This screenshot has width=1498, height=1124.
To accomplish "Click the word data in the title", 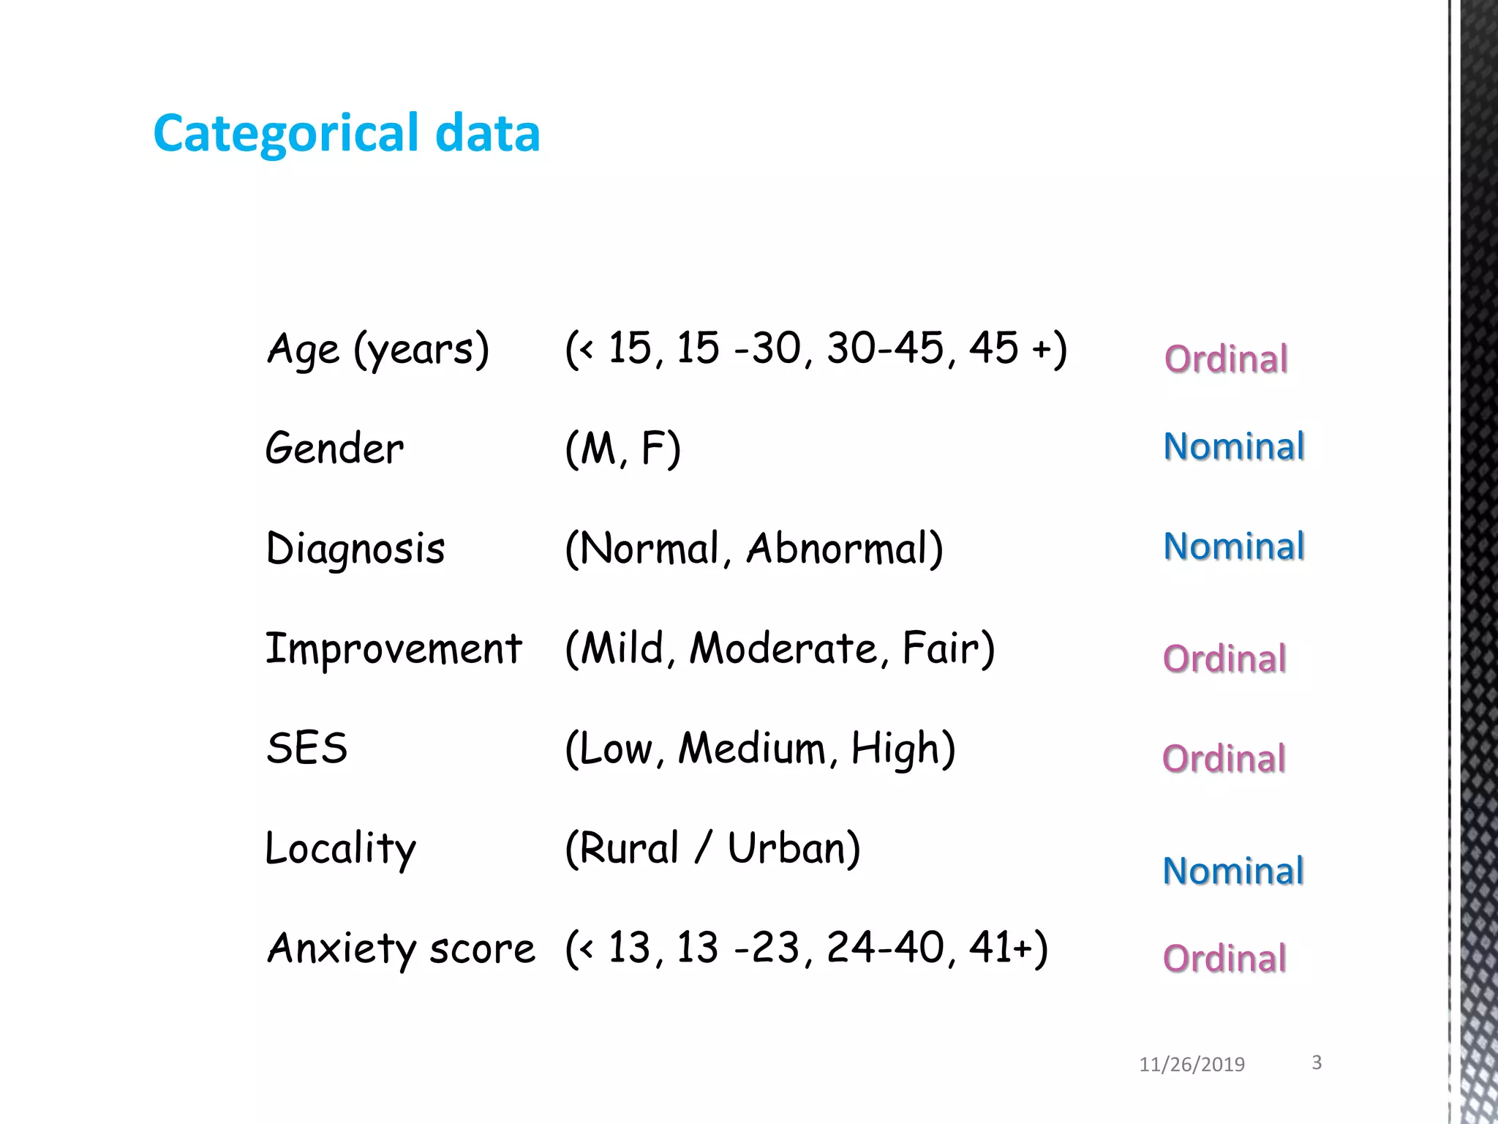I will [x=487, y=133].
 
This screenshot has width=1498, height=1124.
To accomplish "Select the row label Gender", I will [x=334, y=449].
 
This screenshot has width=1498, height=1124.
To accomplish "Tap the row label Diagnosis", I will [x=355, y=549].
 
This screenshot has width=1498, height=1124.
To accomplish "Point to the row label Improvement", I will [x=394, y=649].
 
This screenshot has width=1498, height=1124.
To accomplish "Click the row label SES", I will [x=307, y=749].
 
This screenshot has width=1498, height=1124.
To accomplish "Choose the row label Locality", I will [x=341, y=849].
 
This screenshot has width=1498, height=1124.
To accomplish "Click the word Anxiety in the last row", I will [x=342, y=949].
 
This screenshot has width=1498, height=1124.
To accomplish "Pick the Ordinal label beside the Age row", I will [x=1226, y=359].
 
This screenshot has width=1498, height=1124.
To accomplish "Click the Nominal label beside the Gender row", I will [x=1234, y=446].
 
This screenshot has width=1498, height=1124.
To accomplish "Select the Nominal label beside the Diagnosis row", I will [x=1234, y=547].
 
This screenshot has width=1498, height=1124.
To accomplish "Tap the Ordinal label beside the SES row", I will [x=1224, y=759].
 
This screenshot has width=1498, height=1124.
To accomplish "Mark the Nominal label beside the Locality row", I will [x=1233, y=871].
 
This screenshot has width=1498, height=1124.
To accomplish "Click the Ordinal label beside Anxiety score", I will [x=1224, y=959].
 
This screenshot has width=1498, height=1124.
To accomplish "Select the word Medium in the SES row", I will [x=752, y=749].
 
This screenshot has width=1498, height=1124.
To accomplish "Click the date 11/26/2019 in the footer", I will [x=1192, y=1065].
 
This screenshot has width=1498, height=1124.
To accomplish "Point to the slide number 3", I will [x=1317, y=1063].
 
